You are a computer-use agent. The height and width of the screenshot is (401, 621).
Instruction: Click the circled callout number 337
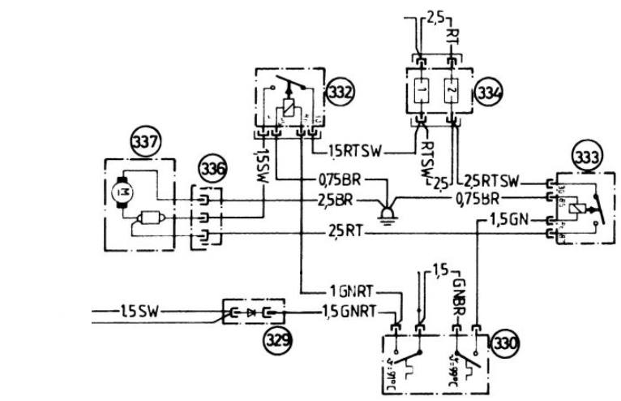click(146, 143)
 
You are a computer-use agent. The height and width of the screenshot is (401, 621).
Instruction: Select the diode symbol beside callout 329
click(250, 312)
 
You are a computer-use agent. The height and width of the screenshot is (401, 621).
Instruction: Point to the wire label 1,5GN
click(508, 219)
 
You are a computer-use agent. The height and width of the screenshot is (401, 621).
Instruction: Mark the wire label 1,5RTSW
click(358, 151)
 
